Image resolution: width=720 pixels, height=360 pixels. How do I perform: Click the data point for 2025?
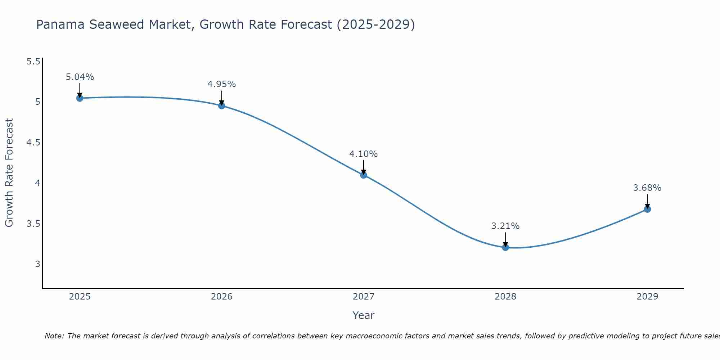80,98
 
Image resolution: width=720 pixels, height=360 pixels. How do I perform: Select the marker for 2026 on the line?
222,105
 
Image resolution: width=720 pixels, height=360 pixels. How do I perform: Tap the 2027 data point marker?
364,175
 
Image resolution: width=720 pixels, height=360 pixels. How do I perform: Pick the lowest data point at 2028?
505,247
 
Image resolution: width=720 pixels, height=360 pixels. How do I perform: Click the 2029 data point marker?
647,209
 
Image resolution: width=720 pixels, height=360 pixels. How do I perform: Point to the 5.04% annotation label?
80,77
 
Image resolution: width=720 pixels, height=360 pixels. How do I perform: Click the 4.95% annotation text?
222,84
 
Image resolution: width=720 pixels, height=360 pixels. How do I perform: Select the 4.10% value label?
364,154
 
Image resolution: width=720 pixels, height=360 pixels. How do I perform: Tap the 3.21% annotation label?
505,226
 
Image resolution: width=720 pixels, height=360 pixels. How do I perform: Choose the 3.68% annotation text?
647,188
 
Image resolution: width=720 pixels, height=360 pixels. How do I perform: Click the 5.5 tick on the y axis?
33,62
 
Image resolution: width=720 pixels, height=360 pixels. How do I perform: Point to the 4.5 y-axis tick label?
33,143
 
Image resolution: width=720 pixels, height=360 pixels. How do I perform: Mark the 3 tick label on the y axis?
37,264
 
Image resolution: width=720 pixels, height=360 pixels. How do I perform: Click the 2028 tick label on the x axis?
505,297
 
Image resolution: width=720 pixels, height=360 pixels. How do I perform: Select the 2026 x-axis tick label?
222,297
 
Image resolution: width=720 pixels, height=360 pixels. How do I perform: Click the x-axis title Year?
364,315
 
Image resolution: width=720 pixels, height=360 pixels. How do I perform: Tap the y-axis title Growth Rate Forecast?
9,173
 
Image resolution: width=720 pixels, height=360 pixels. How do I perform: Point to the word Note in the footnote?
54,336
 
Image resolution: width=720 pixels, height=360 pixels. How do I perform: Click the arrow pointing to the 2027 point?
364,167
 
